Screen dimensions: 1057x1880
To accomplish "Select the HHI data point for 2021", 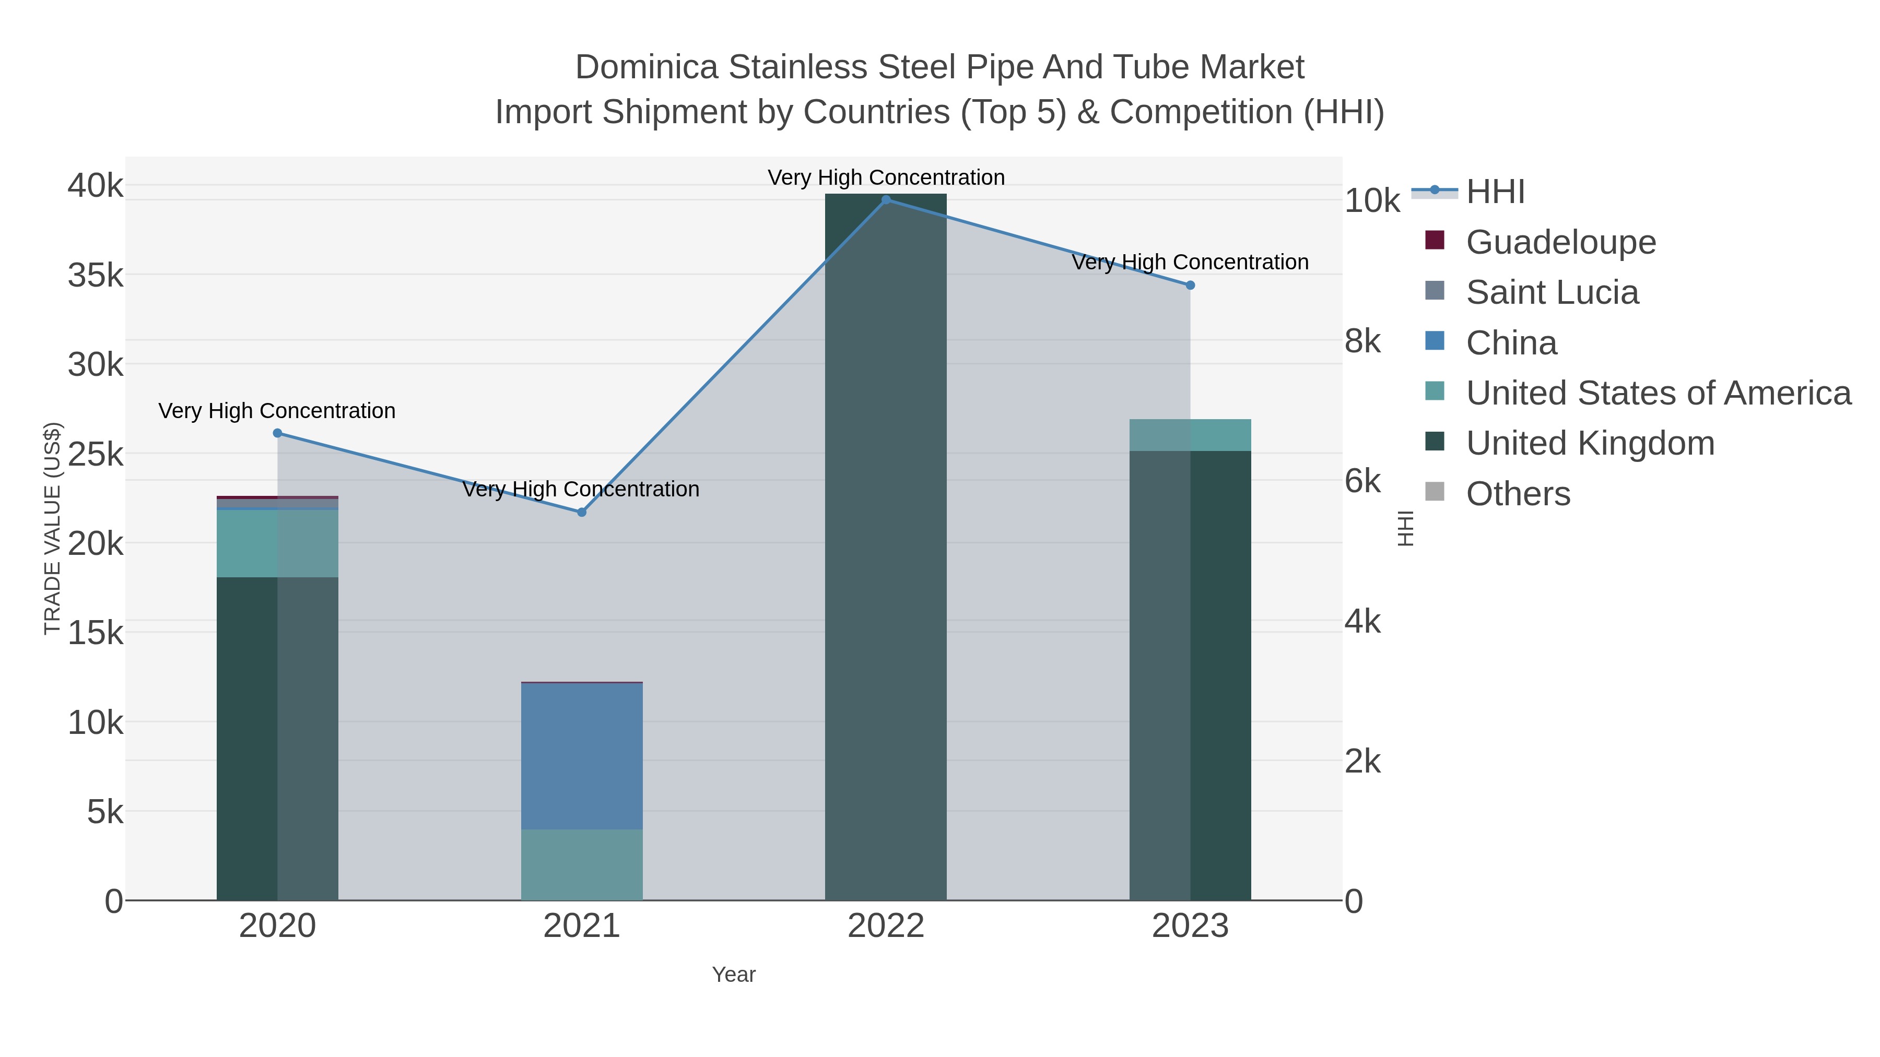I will coord(582,512).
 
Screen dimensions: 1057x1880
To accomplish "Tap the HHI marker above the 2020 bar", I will coord(277,433).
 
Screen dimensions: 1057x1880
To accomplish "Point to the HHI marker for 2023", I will coord(1190,285).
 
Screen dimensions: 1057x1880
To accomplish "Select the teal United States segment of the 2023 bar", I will coord(1190,435).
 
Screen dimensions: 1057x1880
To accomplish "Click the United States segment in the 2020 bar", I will coord(277,543).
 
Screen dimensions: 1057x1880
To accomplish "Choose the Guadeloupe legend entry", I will coord(1560,242).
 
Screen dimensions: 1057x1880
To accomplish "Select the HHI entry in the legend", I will coord(1495,192).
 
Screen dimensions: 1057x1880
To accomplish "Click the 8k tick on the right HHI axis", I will coord(1362,341).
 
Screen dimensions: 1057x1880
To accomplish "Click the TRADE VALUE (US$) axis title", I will coord(53,528).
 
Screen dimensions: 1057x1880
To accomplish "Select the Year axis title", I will coord(734,975).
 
